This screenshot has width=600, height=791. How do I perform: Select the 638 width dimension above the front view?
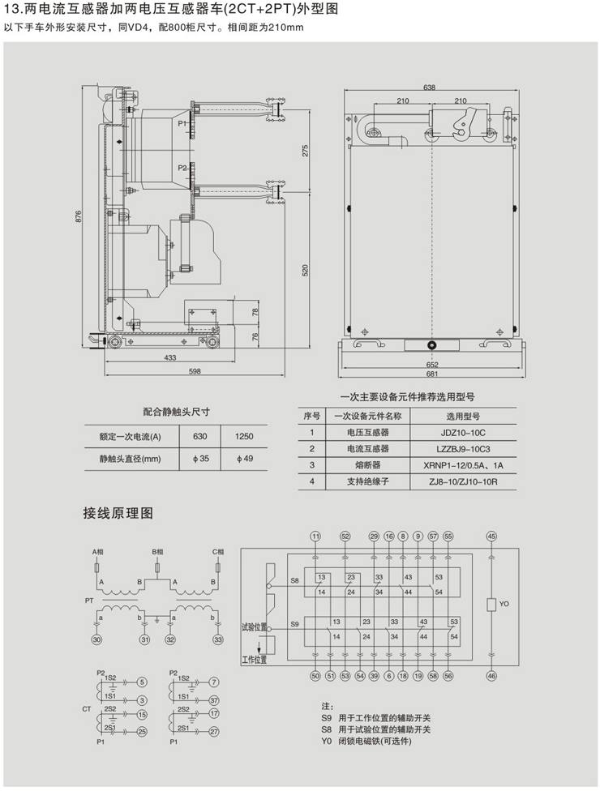tap(429, 88)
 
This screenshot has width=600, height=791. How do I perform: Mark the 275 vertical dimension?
tap(306, 151)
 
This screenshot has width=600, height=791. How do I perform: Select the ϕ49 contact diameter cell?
tap(244, 459)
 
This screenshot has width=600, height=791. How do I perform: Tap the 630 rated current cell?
tap(199, 437)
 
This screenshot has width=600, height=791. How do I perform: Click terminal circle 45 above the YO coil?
tap(491, 537)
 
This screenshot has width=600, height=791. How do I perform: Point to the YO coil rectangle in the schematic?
tap(491, 605)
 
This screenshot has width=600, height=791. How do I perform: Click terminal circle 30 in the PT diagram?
tap(96, 640)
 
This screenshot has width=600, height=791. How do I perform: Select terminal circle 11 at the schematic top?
tap(315, 537)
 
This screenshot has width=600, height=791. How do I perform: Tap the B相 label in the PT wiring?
tap(157, 552)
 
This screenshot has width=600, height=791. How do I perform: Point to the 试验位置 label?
tap(254, 626)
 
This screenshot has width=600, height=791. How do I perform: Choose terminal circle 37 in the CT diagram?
tap(214, 700)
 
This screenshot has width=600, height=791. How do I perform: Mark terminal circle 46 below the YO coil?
tap(491, 675)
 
